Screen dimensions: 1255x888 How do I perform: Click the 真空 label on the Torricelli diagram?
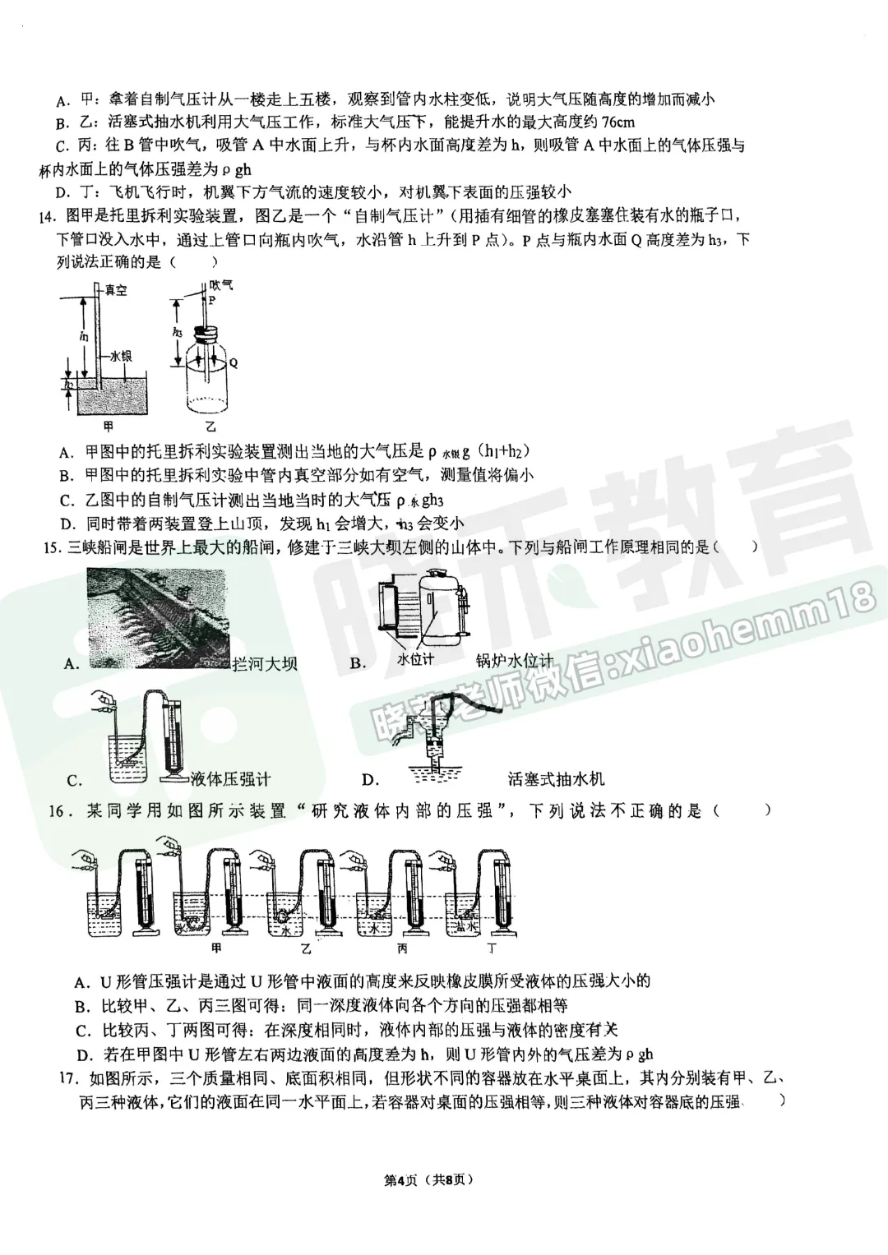[115, 290]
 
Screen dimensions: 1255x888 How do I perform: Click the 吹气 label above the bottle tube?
[221, 285]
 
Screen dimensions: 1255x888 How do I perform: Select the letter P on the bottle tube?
[211, 302]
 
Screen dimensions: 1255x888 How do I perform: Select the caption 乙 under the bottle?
[210, 427]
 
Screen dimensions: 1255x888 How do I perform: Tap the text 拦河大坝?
[265, 663]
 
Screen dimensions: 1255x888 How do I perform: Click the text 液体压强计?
[229, 778]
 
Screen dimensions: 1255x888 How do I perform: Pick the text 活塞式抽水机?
[557, 778]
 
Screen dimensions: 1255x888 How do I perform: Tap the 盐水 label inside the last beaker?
[465, 926]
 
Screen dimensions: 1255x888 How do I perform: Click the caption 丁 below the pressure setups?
[492, 948]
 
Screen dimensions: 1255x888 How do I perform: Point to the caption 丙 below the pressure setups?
[401, 948]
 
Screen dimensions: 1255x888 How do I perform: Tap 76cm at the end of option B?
[617, 122]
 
